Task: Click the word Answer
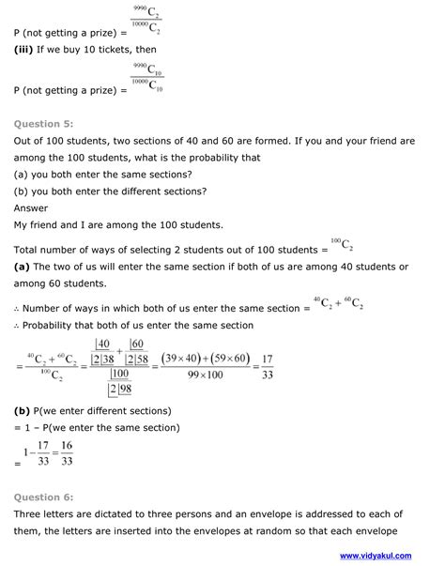point(33,208)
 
